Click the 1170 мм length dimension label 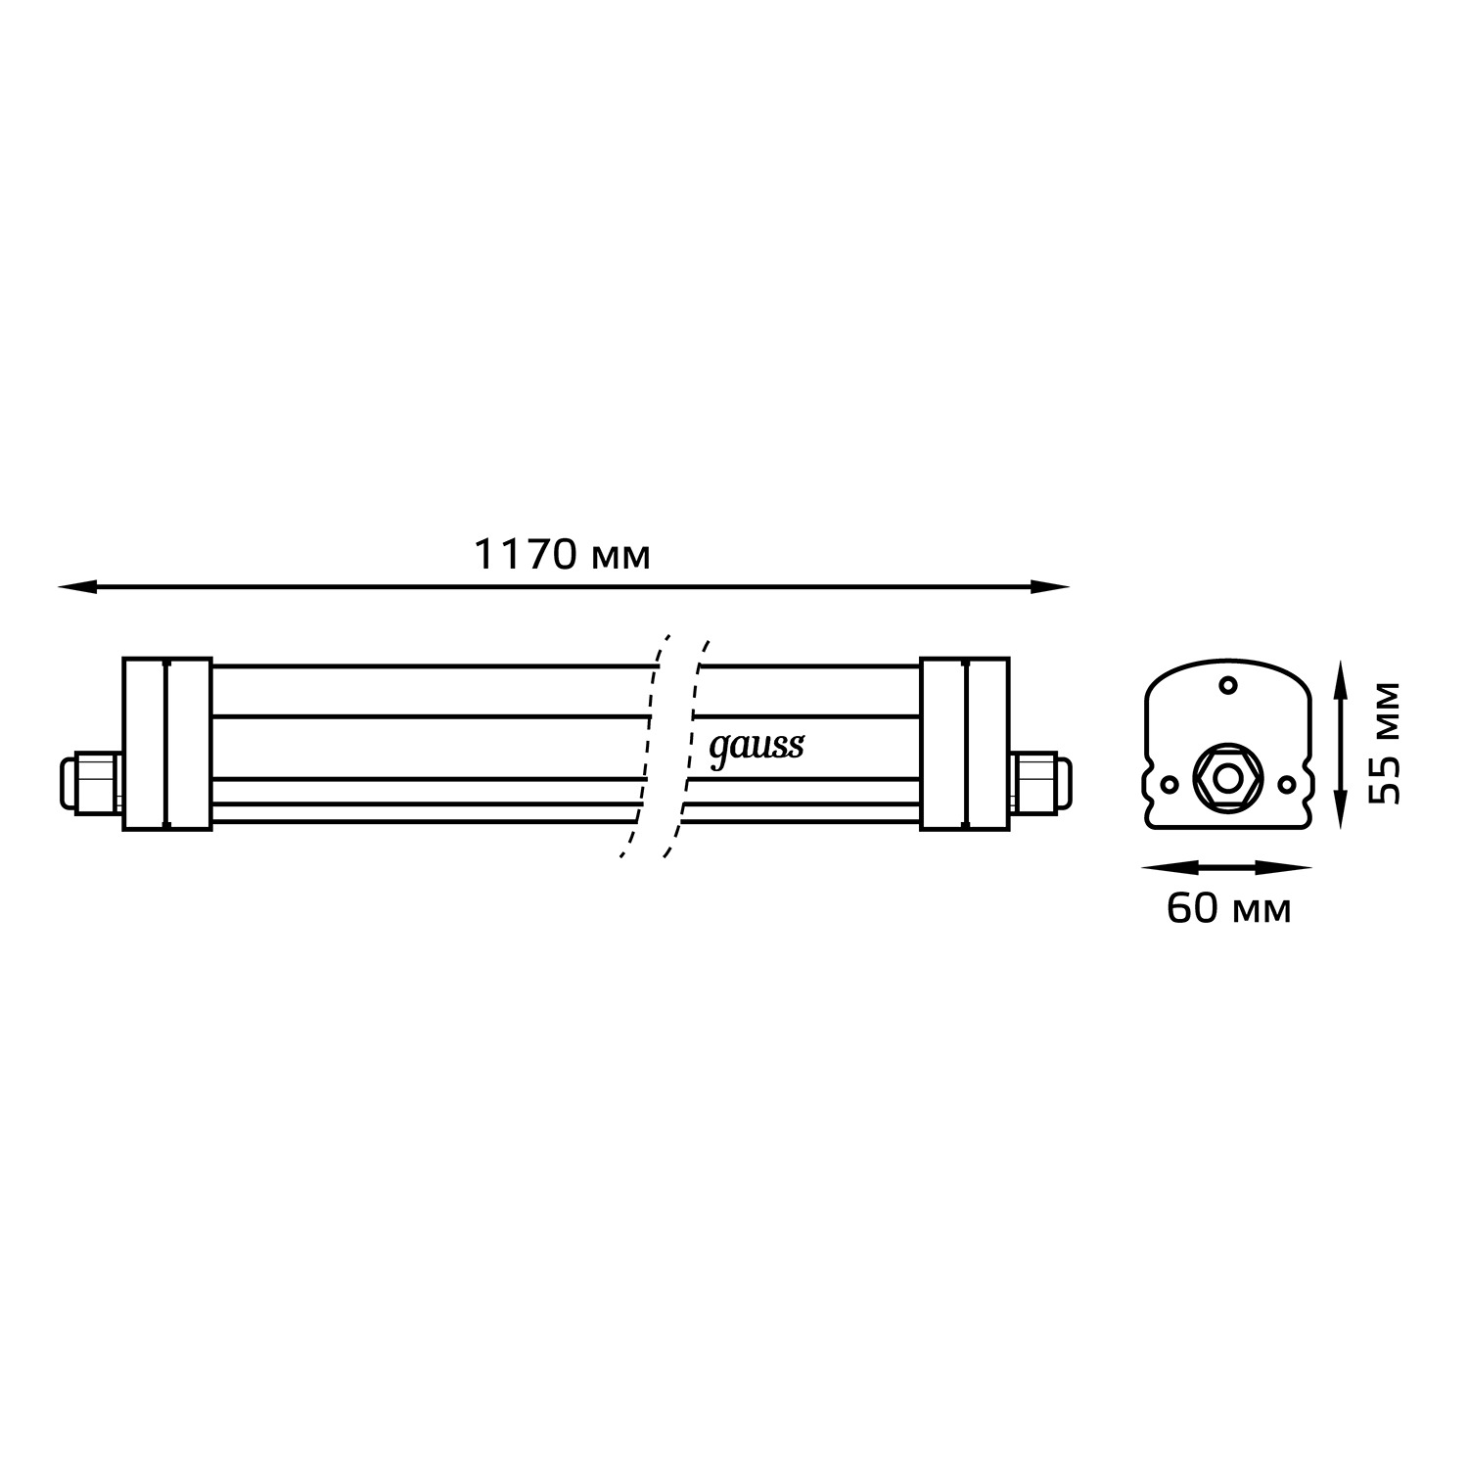(562, 555)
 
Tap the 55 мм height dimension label (1384, 743)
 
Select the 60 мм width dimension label (1229, 909)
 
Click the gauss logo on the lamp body (757, 749)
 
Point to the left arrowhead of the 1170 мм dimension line (77, 587)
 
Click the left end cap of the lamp (167, 745)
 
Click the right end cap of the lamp (964, 745)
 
